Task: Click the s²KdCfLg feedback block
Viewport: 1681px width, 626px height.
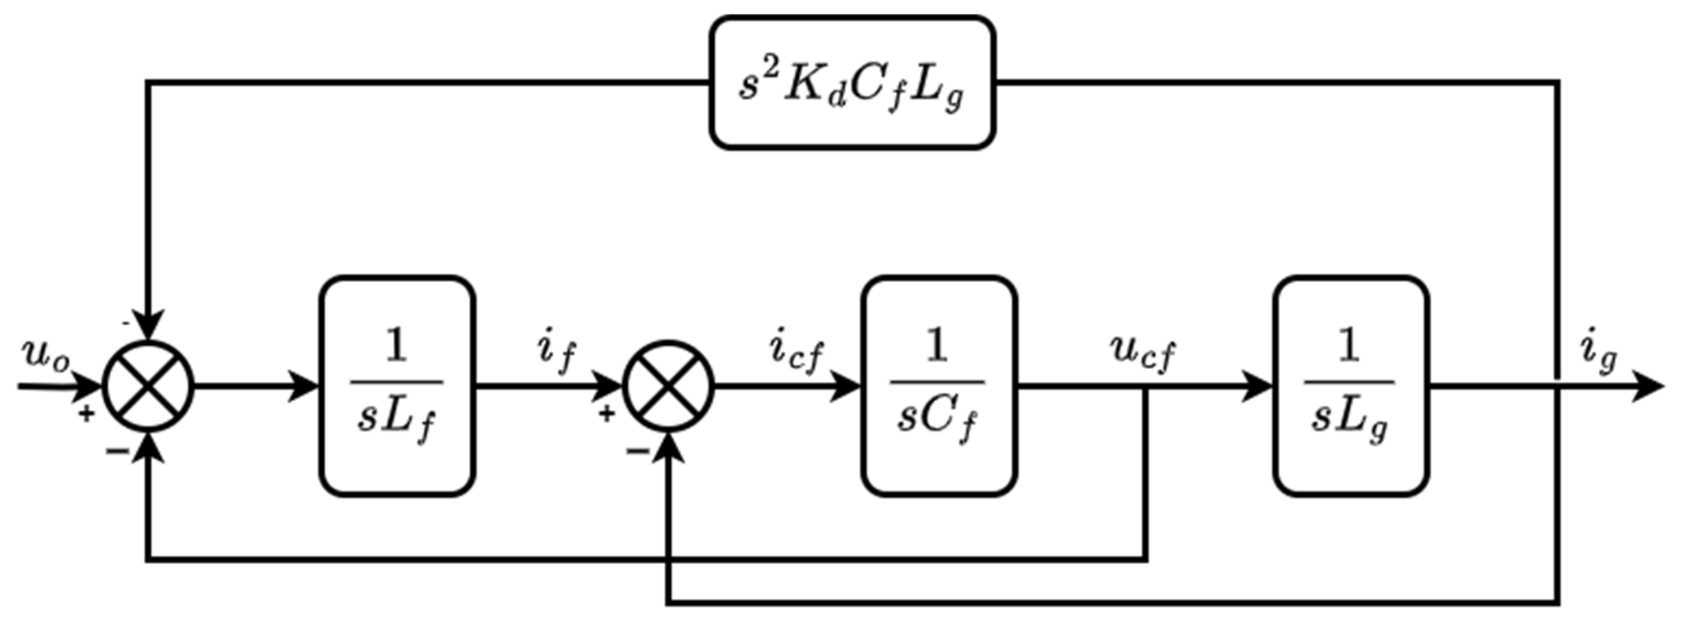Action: point(852,83)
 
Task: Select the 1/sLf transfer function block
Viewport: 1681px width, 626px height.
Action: point(397,386)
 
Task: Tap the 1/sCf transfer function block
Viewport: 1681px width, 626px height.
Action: point(938,386)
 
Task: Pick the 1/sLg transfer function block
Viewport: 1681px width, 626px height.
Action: point(1351,386)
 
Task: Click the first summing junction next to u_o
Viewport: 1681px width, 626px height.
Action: point(149,386)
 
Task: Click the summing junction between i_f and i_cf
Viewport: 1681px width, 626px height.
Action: point(668,386)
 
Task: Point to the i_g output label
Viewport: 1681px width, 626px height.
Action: point(1597,355)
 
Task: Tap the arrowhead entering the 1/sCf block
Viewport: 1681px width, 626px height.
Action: point(847,386)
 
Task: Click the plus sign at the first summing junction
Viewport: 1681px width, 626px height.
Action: point(86,413)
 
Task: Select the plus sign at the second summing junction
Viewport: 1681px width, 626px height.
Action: point(606,413)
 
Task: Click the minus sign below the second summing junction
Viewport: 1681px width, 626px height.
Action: point(637,450)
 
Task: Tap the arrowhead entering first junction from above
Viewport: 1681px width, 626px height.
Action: point(149,327)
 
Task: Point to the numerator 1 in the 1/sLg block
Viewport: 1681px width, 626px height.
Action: point(1349,346)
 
